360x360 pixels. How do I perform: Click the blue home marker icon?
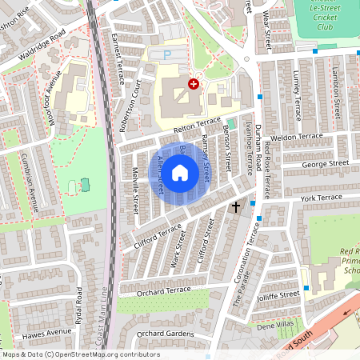[x=180, y=172]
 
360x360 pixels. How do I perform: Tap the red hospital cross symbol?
[x=193, y=83]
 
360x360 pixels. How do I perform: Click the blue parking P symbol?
[x=166, y=55]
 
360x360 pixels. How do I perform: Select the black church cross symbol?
[x=235, y=206]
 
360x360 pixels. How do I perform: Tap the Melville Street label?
[x=135, y=190]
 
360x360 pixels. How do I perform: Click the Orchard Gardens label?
[x=165, y=334]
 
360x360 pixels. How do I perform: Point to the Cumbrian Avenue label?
[x=34, y=177]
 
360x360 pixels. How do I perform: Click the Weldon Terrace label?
[x=297, y=137]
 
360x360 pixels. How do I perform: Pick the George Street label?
[x=326, y=163]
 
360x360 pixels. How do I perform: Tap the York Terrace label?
[x=321, y=197]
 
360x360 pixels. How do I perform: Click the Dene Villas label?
[x=276, y=326]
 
